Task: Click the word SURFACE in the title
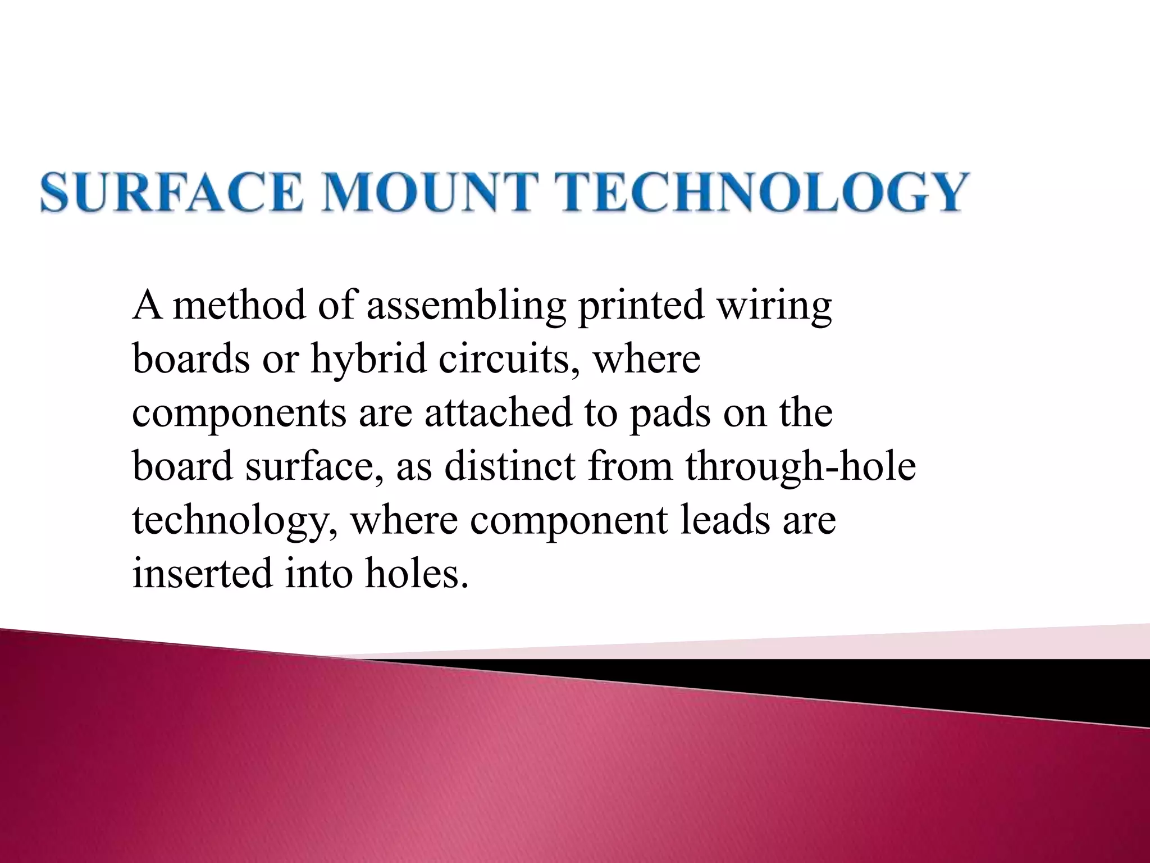click(x=171, y=192)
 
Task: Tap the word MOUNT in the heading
click(x=428, y=192)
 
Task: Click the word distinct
click(x=510, y=466)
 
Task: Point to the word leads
click(x=724, y=520)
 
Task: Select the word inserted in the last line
click(x=202, y=574)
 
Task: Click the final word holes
click(x=417, y=574)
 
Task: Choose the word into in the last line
click(x=318, y=574)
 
